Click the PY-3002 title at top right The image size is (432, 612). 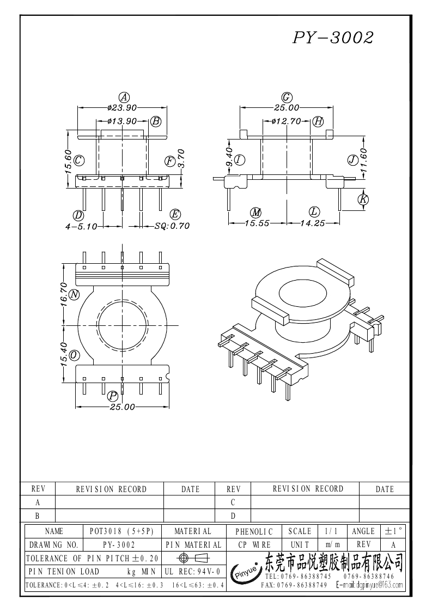(x=333, y=37)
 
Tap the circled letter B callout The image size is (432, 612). (x=156, y=121)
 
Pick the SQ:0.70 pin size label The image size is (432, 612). (x=172, y=226)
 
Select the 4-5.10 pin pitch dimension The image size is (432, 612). (x=81, y=226)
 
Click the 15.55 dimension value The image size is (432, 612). (x=257, y=223)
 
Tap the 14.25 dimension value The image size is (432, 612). (x=312, y=223)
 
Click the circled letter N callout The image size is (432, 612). (x=75, y=295)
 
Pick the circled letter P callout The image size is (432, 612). (x=113, y=396)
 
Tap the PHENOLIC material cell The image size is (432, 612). (x=254, y=531)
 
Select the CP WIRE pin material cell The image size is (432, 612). (x=254, y=544)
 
